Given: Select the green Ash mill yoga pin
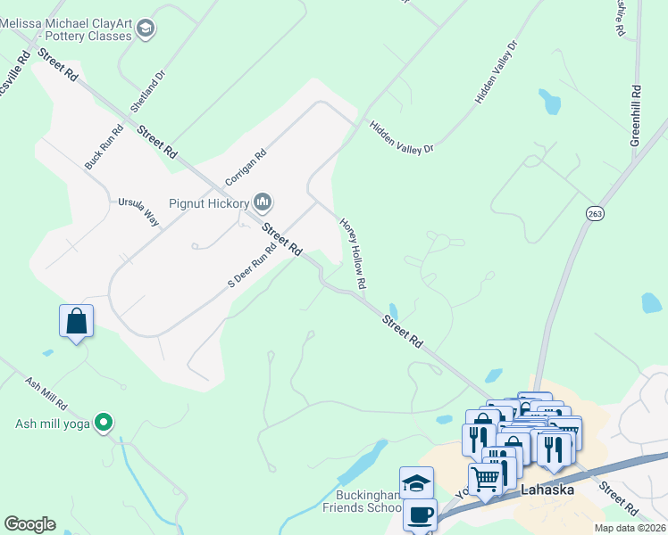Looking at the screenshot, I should pyautogui.click(x=104, y=424).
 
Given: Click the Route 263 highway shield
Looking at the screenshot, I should pyautogui.click(x=596, y=213).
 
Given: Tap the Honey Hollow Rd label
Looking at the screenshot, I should pyautogui.click(x=353, y=254).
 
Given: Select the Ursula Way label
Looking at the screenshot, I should pyautogui.click(x=138, y=213).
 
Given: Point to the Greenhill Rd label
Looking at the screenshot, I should pyautogui.click(x=636, y=116).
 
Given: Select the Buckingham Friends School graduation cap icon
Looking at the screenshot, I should pyautogui.click(x=416, y=482).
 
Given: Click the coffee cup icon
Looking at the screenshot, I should pyautogui.click(x=420, y=514).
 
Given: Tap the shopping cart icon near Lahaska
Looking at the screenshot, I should pyautogui.click(x=485, y=479).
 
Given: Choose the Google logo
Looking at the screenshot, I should pyautogui.click(x=29, y=524).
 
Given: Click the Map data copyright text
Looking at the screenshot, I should pyautogui.click(x=630, y=528).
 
